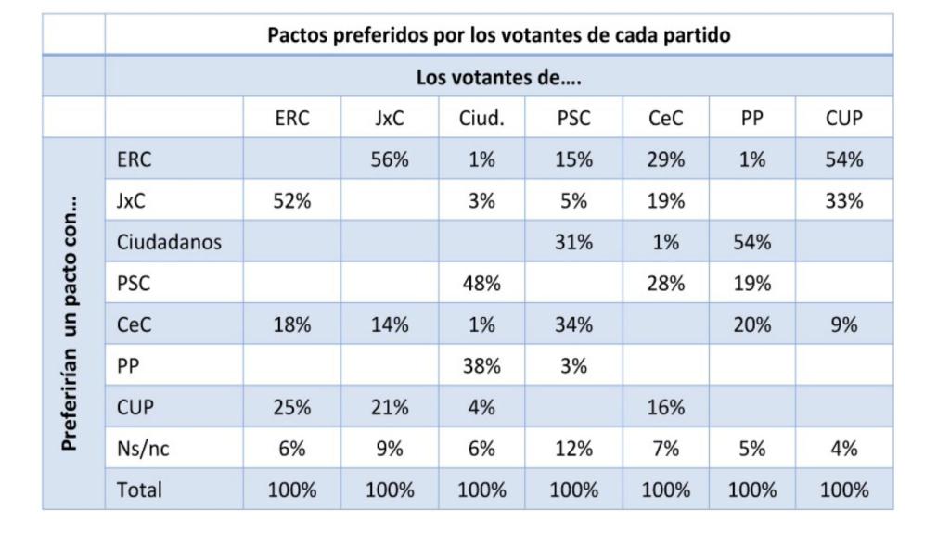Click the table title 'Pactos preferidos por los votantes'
pyautogui.click(x=498, y=35)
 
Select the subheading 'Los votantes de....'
pyautogui.click(x=498, y=77)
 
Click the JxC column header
pyautogui.click(x=390, y=119)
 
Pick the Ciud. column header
pyautogui.click(x=481, y=119)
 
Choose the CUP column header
pyautogui.click(x=843, y=119)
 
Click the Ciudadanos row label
pyautogui.click(x=170, y=243)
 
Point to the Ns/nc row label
pyautogui.click(x=144, y=450)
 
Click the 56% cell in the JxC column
pyautogui.click(x=390, y=159)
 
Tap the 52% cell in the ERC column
pyautogui.click(x=292, y=201)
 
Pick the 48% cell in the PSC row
pyautogui.click(x=481, y=284)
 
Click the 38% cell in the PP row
pyautogui.click(x=481, y=366)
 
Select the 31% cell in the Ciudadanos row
pyautogui.click(x=573, y=243)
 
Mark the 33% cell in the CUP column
pyautogui.click(x=843, y=201)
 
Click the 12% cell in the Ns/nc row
pyautogui.click(x=573, y=450)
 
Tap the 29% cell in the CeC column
pyautogui.click(x=665, y=159)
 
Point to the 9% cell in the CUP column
pyautogui.click(x=843, y=325)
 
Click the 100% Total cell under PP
pyautogui.click(x=752, y=489)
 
